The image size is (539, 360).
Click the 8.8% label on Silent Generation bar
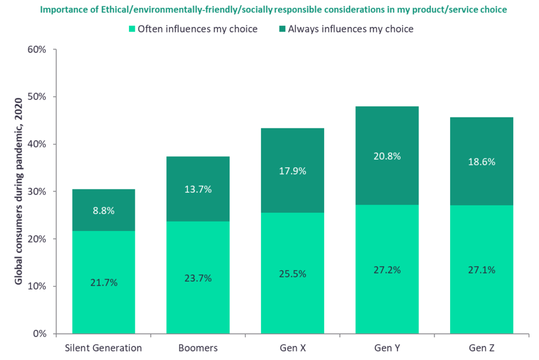click(x=104, y=211)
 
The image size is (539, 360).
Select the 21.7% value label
click(x=104, y=283)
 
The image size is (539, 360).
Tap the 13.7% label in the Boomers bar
click(x=198, y=189)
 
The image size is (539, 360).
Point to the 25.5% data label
click(x=293, y=274)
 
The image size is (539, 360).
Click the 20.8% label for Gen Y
click(x=387, y=156)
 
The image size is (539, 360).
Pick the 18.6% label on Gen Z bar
click(x=482, y=162)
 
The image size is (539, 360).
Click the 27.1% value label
click(x=482, y=270)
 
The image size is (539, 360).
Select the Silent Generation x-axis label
click(x=104, y=348)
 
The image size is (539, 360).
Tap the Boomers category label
click(x=198, y=348)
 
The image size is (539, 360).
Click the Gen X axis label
click(x=293, y=348)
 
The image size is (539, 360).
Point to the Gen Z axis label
click(x=482, y=348)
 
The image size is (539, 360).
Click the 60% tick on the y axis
click(x=37, y=50)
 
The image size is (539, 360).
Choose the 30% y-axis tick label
click(x=37, y=192)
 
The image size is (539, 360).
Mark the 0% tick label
click(x=39, y=334)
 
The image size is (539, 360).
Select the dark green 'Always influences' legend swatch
click(x=282, y=29)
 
